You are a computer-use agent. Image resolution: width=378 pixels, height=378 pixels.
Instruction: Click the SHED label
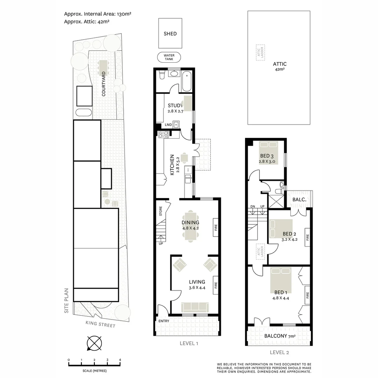pos(170,34)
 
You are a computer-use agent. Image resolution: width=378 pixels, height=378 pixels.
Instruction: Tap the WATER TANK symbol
pos(169,57)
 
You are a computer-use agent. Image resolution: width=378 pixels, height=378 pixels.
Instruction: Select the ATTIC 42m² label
pos(280,66)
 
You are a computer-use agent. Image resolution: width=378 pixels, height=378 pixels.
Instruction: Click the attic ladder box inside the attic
pos(260,52)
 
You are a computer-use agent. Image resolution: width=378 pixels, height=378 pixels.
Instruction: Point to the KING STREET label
pos(100,325)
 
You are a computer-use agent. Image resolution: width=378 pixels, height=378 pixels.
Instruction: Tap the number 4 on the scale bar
pos(120,360)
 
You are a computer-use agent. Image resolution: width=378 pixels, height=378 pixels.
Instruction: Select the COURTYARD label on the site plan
pos(104,84)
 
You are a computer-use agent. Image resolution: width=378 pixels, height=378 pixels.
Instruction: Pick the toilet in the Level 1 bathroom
pos(162,75)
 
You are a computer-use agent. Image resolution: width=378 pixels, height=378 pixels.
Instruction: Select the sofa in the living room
pos(194,307)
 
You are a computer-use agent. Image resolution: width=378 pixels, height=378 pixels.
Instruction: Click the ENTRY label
pos(163,321)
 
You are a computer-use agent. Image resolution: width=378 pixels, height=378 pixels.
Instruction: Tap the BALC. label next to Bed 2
pos(299,199)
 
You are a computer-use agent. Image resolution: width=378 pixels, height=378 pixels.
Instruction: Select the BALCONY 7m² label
pos(280,336)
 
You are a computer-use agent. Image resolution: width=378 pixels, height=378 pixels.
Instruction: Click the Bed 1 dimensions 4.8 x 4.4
pos(281,298)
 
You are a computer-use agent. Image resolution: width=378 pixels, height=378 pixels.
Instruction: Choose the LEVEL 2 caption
pos(279,352)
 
